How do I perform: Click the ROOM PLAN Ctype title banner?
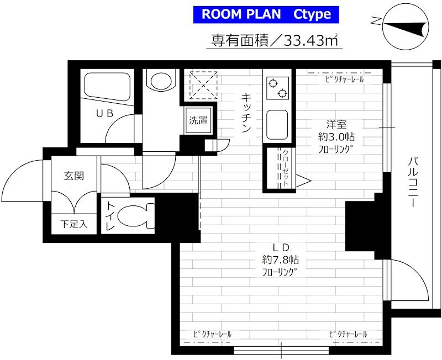266,14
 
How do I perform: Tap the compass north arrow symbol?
406,27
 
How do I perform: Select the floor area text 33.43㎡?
312,40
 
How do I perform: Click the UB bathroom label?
105,113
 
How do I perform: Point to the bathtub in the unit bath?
107,88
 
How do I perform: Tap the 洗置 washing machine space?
198,120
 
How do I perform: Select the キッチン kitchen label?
246,113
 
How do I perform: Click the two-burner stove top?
278,88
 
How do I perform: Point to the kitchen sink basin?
277,125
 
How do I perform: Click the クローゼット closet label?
285,168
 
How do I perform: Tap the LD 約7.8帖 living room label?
281,260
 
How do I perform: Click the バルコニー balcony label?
413,183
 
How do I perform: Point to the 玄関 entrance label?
74,176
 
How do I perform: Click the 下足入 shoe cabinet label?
74,224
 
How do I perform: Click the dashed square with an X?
203,85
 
